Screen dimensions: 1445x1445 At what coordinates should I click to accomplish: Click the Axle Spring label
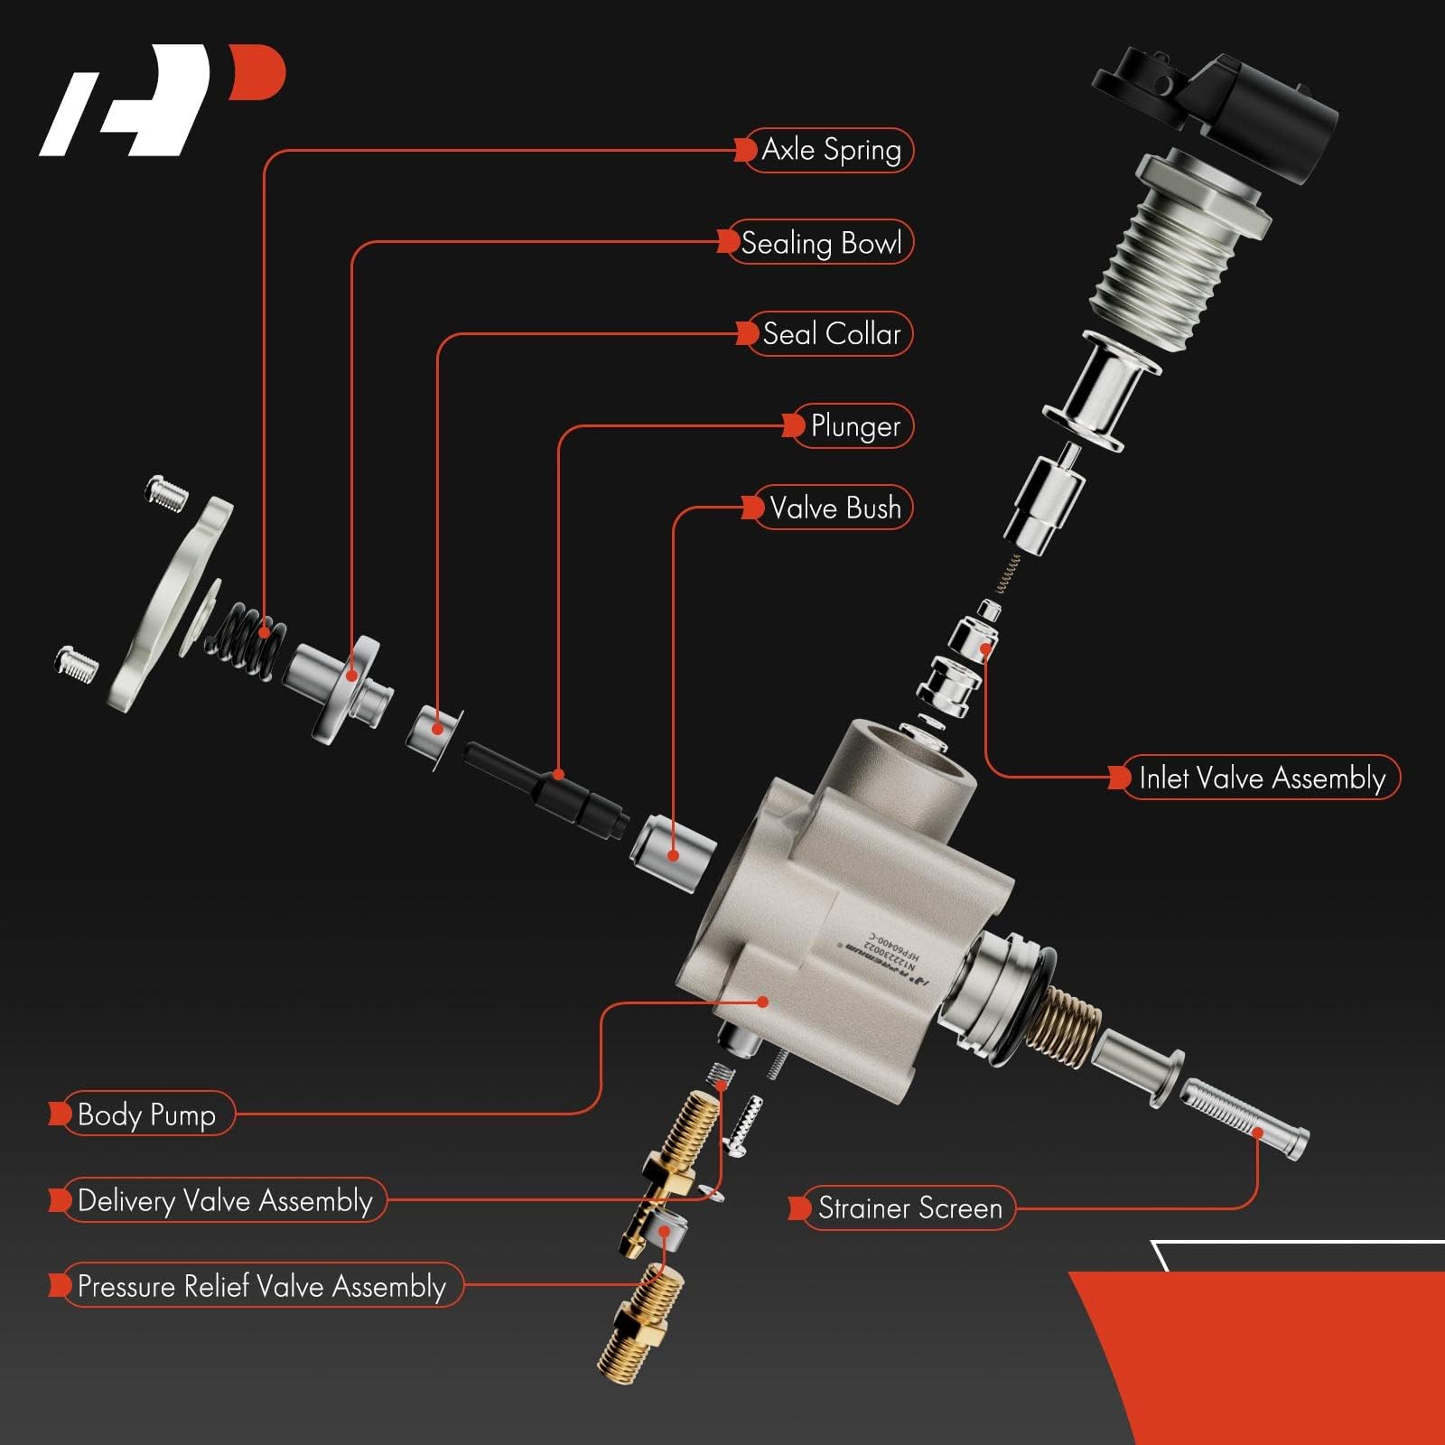(829, 150)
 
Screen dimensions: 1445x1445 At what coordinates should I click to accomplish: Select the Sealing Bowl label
(820, 242)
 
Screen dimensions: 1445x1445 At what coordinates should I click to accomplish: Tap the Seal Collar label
(829, 334)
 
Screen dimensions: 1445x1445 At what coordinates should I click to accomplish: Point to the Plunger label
(853, 426)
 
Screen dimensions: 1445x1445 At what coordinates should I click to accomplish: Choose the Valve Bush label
(833, 508)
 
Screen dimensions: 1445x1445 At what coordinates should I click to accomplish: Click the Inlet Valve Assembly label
(1260, 778)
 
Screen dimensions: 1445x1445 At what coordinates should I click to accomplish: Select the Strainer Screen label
(908, 1208)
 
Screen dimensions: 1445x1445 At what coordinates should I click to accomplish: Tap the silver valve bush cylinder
(673, 851)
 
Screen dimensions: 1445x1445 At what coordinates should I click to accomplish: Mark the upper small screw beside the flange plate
(168, 493)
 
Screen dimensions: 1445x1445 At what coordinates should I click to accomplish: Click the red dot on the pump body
(763, 1001)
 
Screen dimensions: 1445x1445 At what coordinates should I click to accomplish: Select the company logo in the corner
(163, 99)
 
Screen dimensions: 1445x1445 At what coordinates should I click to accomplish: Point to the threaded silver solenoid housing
(1165, 262)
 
